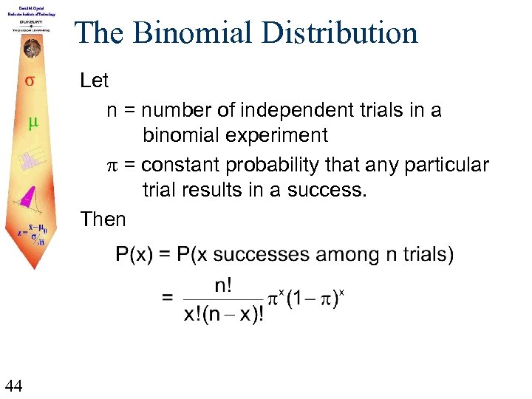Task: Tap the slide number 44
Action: (x=14, y=384)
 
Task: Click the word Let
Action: (x=94, y=81)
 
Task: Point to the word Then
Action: (x=103, y=219)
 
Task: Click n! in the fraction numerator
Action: (x=225, y=284)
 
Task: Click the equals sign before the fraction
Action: (x=168, y=299)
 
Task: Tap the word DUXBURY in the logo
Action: (x=31, y=21)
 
